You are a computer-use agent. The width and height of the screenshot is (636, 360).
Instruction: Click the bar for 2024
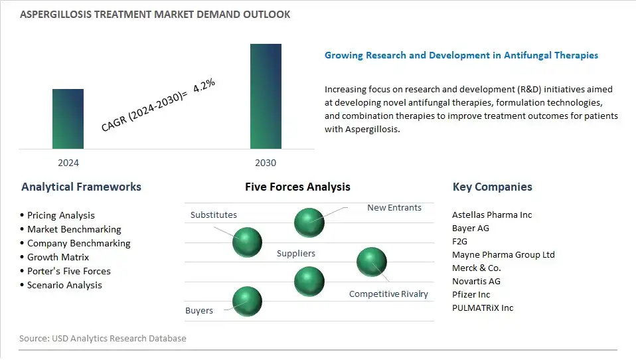point(68,119)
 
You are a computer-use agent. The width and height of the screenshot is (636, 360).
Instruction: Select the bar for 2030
point(266,96)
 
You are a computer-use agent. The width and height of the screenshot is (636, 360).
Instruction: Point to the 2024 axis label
point(68,163)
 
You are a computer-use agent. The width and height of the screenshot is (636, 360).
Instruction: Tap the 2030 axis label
point(266,163)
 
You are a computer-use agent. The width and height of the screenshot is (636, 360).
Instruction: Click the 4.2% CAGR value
point(204,85)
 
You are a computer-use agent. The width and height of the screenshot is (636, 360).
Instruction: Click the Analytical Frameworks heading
point(81,187)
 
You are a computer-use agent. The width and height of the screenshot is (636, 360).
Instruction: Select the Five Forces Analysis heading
point(297,187)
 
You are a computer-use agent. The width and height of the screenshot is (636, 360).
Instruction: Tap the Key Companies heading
point(492,187)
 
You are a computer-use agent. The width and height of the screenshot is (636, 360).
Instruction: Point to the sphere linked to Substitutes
point(247,242)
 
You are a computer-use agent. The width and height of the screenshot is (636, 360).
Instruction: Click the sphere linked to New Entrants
point(309,223)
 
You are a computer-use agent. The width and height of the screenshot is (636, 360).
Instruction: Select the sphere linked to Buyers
point(247,302)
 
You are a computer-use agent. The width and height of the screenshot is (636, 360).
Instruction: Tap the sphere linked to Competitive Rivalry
point(372,262)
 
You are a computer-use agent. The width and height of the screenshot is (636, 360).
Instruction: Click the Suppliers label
point(295,253)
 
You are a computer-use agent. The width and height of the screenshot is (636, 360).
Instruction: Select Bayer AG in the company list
point(471,228)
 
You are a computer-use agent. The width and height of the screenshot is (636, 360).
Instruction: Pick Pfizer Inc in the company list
point(471,294)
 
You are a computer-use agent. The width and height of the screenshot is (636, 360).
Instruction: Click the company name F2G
point(459,242)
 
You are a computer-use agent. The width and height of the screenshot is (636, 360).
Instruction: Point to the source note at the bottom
point(103,338)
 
